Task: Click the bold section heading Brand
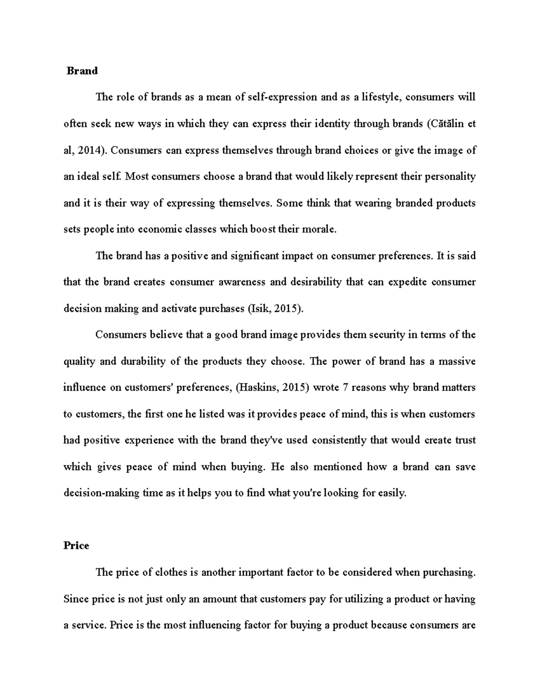82,71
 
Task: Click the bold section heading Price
76,546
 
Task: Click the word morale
320,230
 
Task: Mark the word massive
457,361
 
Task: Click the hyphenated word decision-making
101,493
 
